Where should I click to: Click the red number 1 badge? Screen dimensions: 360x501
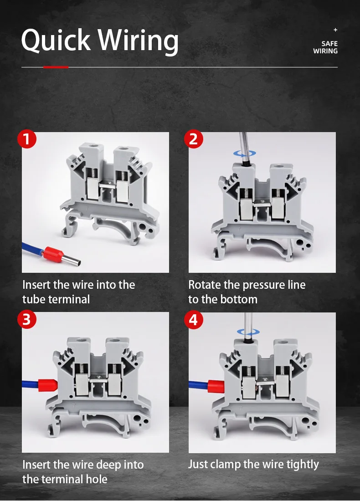click(26, 139)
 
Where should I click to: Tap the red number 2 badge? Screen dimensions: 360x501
click(193, 139)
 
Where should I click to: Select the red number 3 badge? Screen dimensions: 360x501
click(26, 319)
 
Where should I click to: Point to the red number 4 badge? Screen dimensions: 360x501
click(193, 319)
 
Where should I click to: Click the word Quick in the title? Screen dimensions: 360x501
click(56, 40)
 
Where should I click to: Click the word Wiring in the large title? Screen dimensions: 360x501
click(138, 41)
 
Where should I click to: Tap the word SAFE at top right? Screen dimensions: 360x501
click(329, 43)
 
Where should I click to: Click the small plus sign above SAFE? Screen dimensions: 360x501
click(335, 30)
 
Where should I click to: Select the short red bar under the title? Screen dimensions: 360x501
click(56, 67)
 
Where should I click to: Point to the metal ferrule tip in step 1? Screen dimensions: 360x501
click(71, 260)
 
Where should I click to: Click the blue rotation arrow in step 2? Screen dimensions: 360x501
click(245, 153)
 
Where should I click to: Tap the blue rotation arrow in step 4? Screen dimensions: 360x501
click(248, 332)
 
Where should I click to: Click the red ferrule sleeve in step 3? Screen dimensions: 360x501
click(48, 385)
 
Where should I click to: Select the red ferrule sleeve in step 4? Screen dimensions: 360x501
click(216, 386)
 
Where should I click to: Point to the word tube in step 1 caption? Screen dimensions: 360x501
click(33, 299)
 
